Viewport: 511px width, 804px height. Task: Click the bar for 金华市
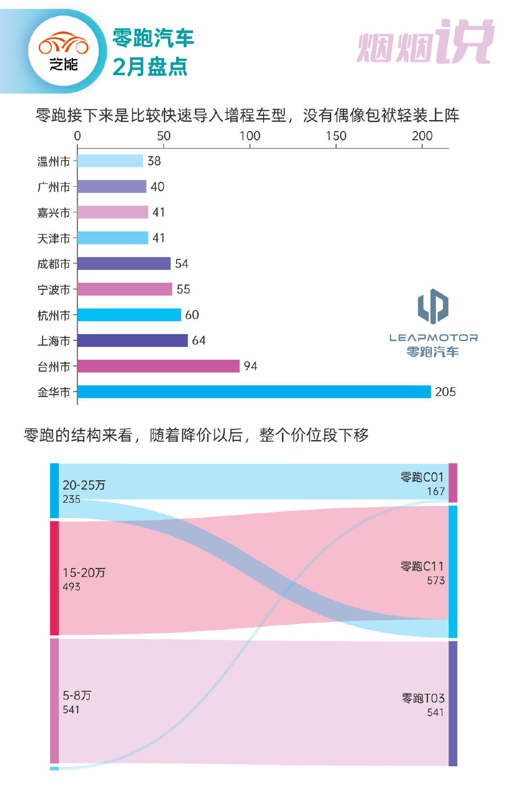point(254,392)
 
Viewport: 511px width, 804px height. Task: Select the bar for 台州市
point(159,366)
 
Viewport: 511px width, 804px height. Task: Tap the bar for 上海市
point(132,340)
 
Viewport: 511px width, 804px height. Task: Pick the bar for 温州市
point(110,161)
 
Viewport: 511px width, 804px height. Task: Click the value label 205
point(445,392)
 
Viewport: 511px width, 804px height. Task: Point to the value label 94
point(250,366)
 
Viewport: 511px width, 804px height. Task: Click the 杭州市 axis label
point(53,315)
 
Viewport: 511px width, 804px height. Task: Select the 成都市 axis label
point(53,264)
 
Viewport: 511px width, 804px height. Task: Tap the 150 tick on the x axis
point(336,136)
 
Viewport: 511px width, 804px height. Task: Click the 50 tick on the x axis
point(164,136)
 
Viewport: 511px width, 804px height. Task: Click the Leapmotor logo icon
point(433,306)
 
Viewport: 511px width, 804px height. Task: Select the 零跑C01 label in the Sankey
point(422,477)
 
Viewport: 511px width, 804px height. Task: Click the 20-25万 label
point(84,485)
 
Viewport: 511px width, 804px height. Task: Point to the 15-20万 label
point(84,573)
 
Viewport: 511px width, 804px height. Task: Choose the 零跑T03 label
point(423,698)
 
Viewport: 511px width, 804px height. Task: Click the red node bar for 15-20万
point(54,578)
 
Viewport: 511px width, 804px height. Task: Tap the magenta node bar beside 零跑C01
point(453,483)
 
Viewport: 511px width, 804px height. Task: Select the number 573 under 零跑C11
point(436,580)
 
